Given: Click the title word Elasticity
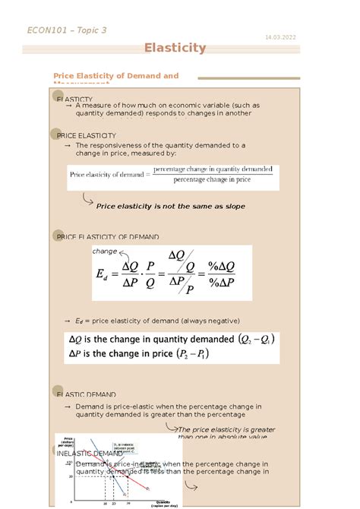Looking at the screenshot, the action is click(175, 48).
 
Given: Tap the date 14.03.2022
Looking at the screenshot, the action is click(280, 37).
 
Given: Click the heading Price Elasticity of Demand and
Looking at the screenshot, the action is click(115, 76).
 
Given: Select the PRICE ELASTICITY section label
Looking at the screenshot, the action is click(87, 134).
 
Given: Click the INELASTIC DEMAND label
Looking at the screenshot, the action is click(90, 454).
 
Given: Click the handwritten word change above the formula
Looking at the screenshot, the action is click(104, 251).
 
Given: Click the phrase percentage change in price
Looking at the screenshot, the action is click(212, 180).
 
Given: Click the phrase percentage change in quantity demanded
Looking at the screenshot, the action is click(213, 169).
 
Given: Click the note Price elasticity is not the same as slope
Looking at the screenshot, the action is click(170, 206).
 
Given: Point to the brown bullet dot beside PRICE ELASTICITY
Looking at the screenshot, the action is click(56, 134).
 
